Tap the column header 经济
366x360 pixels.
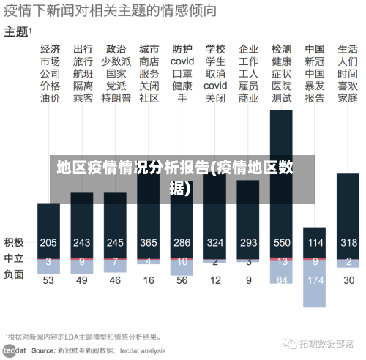pyautogui.click(x=50, y=49)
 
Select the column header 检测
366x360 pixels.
pyautogui.click(x=281, y=49)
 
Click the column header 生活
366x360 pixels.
pyautogui.click(x=348, y=49)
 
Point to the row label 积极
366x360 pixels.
pyautogui.click(x=14, y=242)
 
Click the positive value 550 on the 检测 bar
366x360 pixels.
pyautogui.click(x=282, y=243)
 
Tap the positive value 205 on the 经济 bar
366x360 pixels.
pyautogui.click(x=49, y=243)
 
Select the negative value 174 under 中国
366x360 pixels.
pyautogui.click(x=315, y=280)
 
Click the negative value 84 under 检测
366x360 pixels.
pyautogui.click(x=282, y=280)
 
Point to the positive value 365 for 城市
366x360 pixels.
pyautogui.click(x=149, y=243)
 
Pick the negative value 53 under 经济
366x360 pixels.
pyautogui.click(x=49, y=280)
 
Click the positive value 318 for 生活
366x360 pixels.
pyautogui.click(x=348, y=243)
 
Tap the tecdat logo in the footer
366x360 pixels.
pyautogui.click(x=16, y=350)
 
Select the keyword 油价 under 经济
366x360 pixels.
pyautogui.click(x=50, y=98)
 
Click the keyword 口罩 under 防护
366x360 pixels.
pyautogui.click(x=182, y=74)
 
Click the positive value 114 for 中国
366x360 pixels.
pyautogui.click(x=315, y=243)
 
